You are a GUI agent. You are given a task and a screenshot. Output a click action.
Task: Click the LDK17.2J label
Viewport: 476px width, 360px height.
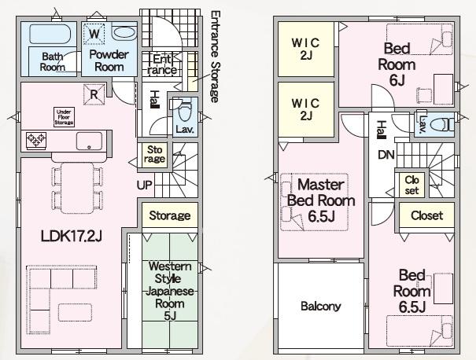coord(71,236)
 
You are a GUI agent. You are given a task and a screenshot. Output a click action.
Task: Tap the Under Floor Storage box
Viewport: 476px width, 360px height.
coord(64,117)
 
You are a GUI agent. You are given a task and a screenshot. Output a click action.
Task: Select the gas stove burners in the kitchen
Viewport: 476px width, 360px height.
coord(36,140)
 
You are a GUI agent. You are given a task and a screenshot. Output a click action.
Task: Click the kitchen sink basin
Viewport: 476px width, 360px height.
coord(89,141)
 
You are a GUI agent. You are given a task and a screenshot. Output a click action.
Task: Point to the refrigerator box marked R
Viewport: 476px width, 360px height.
coord(94,94)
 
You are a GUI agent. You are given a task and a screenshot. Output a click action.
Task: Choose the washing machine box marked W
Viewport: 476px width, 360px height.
coord(94,33)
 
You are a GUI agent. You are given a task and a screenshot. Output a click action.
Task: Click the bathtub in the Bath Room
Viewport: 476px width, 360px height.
coord(50,34)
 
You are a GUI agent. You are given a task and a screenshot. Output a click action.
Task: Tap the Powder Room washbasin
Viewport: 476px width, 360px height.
coord(124,32)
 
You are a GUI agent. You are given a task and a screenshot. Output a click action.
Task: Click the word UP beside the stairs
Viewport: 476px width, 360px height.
coord(144,185)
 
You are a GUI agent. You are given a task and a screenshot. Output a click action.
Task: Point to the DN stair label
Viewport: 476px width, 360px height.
coord(386,155)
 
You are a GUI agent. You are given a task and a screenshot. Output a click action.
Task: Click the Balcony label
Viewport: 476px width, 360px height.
coord(320,306)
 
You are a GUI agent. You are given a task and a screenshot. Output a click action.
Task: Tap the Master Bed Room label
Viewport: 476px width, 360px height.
coord(321,200)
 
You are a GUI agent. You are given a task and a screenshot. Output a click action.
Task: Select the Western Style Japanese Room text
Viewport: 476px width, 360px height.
coord(170,291)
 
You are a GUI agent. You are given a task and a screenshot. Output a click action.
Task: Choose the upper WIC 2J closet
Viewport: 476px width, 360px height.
coord(306,49)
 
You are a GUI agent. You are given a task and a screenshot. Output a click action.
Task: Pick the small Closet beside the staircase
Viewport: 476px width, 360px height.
coord(411,185)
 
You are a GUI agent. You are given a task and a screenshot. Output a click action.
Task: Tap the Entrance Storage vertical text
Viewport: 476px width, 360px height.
coord(214,57)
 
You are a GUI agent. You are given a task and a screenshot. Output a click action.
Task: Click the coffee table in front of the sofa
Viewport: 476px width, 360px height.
coord(75,312)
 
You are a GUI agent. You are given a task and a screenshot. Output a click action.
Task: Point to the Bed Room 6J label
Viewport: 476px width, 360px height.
coord(397,64)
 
